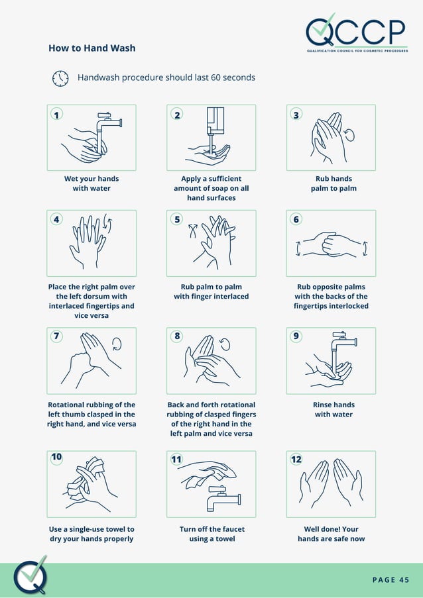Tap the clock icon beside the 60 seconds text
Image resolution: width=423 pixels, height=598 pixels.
click(x=60, y=78)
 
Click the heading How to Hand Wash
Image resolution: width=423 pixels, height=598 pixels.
click(x=91, y=48)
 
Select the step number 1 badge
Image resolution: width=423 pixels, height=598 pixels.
click(x=57, y=115)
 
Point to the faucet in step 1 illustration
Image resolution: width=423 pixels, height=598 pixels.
click(x=107, y=122)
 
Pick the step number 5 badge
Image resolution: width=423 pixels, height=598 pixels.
click(x=177, y=220)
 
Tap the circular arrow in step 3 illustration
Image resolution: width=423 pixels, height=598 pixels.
click(x=349, y=135)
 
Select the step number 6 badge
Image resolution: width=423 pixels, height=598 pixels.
click(x=296, y=220)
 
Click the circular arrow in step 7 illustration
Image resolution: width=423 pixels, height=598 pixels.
click(x=117, y=344)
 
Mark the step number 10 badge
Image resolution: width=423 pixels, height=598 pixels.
click(x=57, y=457)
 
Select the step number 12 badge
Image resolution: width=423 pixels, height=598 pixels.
click(x=296, y=458)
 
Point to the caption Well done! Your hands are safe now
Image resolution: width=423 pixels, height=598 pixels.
click(x=331, y=534)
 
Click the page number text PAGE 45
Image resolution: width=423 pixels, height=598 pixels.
click(x=391, y=580)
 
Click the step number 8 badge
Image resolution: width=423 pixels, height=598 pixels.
click(x=177, y=336)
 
